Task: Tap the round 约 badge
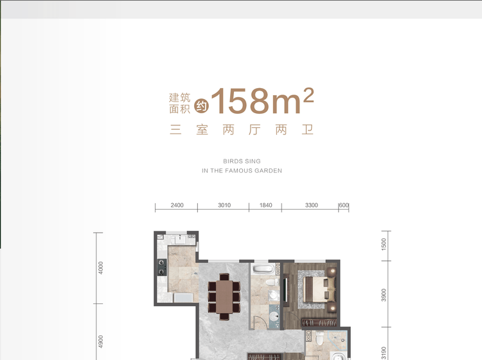coord(201,106)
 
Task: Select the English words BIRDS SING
coord(242,161)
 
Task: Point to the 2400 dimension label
coord(177,205)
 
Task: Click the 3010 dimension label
coord(224,205)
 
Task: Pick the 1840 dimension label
coord(265,205)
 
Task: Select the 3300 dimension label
coord(312,205)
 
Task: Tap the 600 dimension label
coord(344,205)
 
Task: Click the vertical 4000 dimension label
coord(100,268)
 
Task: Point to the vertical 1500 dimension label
coord(384,244)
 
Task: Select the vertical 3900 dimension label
coord(384,295)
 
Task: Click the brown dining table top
coord(224,296)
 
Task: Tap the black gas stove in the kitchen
coord(162,267)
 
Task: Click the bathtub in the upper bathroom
coord(263,269)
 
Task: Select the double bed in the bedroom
coord(319,290)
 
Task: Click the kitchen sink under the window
coord(180,239)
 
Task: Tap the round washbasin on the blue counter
coord(274,316)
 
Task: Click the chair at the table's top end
coord(224,276)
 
